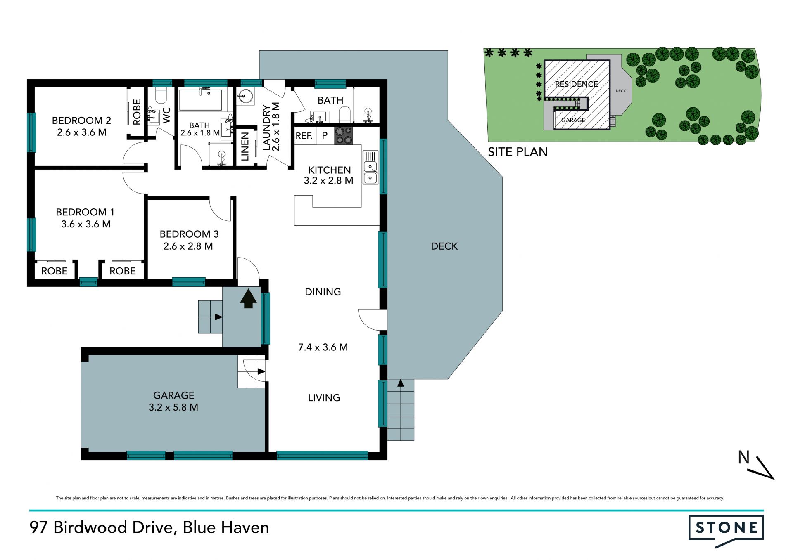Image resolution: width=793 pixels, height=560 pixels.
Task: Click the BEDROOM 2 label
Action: (81, 121)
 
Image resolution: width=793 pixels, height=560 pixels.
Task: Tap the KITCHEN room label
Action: (329, 170)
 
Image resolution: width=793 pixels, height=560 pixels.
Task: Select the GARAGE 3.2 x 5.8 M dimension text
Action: (173, 407)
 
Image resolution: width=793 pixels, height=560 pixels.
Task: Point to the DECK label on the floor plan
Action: (444, 246)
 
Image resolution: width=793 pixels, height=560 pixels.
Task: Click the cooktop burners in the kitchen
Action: (344, 135)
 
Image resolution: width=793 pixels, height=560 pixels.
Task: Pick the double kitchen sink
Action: (370, 167)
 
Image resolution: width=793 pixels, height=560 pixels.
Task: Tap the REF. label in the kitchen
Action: (304, 136)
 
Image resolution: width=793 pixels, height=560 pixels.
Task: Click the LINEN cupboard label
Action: (245, 146)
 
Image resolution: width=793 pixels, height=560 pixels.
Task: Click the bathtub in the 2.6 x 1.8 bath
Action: (200, 100)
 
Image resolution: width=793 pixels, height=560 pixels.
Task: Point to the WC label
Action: (167, 116)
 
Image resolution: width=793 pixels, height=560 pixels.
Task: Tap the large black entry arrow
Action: (248, 299)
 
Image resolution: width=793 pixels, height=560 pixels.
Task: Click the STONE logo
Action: (726, 529)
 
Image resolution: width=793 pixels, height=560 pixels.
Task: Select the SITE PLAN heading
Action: (518, 152)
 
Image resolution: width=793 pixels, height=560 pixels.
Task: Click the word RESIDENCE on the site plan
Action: (576, 84)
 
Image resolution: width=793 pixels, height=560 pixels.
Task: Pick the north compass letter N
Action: (744, 457)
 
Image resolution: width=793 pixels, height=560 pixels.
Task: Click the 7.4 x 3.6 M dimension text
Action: (323, 347)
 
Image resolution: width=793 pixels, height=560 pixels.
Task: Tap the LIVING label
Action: (324, 398)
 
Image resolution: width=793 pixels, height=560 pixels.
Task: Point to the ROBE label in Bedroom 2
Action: (137, 112)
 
